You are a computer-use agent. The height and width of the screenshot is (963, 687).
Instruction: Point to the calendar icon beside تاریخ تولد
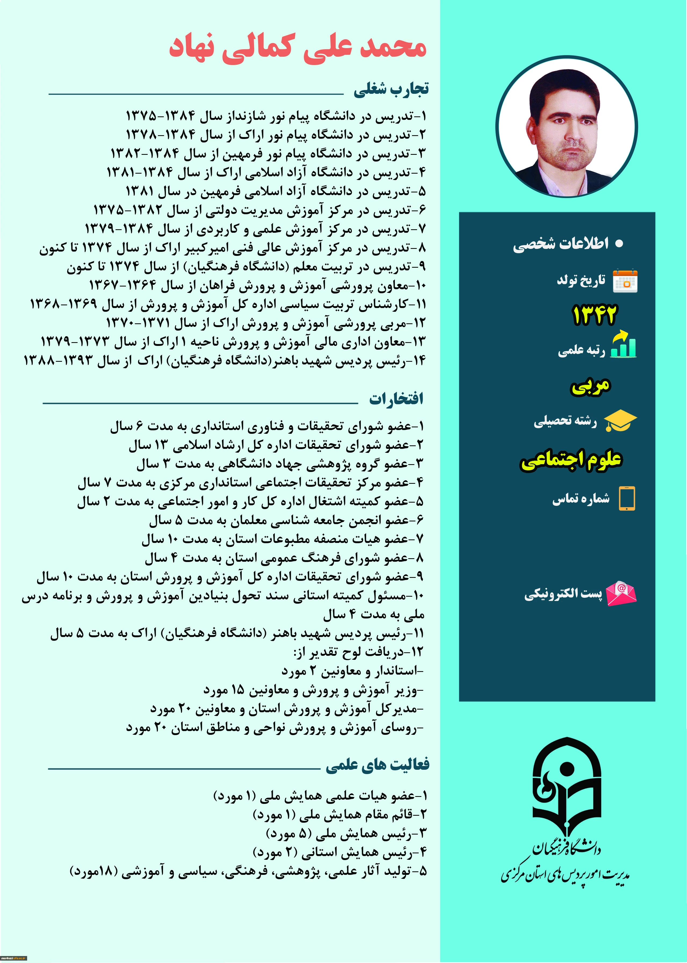click(x=625, y=281)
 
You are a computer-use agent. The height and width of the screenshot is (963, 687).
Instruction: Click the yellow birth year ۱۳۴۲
click(x=594, y=315)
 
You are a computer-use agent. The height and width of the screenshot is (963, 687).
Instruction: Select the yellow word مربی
click(x=591, y=386)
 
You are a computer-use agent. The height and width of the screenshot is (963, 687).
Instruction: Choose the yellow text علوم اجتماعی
click(x=571, y=460)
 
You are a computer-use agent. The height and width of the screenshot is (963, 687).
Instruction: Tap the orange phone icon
click(x=627, y=498)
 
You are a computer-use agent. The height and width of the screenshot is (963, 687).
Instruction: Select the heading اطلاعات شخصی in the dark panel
click(x=561, y=244)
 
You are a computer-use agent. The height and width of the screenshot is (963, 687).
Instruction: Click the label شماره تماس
click(x=581, y=499)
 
